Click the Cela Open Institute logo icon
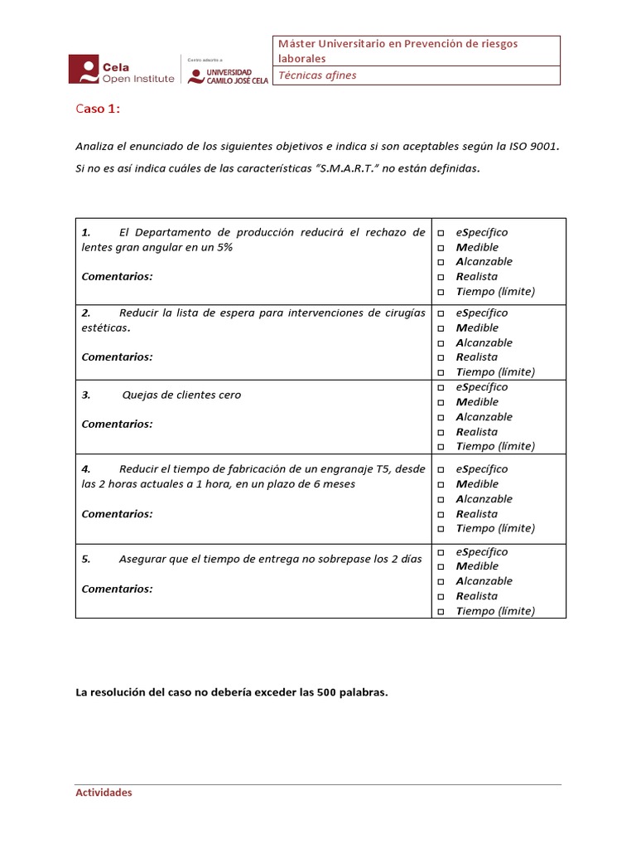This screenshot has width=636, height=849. (x=84, y=70)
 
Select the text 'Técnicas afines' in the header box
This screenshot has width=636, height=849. (x=317, y=75)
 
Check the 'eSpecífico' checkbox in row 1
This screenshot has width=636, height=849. (x=441, y=233)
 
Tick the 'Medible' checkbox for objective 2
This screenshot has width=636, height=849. (x=441, y=328)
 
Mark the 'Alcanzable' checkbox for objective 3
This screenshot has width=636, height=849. (x=441, y=417)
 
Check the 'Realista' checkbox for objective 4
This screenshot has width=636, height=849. (x=441, y=514)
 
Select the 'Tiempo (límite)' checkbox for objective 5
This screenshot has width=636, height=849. (x=441, y=612)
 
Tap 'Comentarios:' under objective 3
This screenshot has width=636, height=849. (x=117, y=424)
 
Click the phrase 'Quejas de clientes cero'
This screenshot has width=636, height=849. (x=181, y=395)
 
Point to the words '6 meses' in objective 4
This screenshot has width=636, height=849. (x=335, y=483)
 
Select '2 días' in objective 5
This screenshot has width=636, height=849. (x=405, y=559)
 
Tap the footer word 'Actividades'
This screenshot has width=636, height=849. (x=104, y=793)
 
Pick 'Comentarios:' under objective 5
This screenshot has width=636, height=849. (x=117, y=589)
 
